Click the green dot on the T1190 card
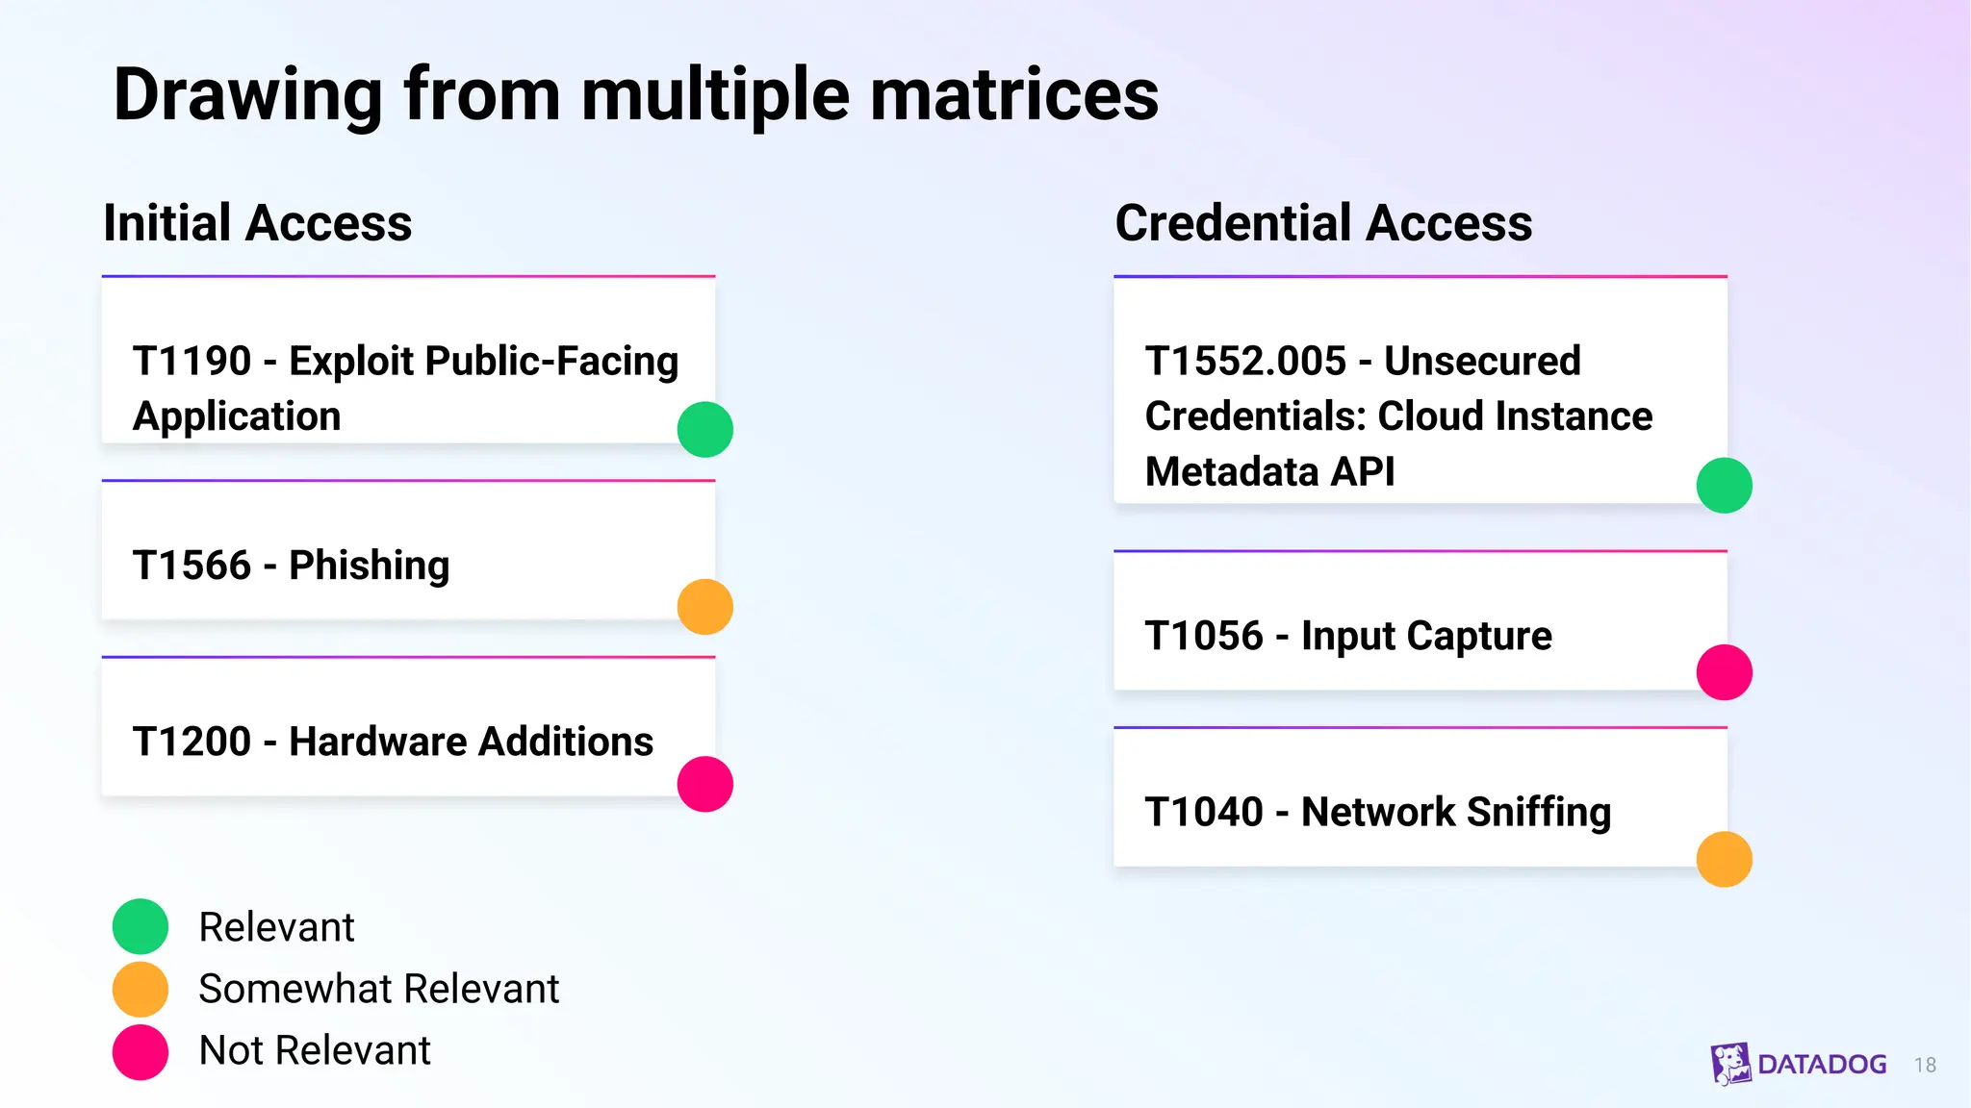coord(705,429)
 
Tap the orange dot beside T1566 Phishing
coord(705,607)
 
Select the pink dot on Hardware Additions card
coord(705,784)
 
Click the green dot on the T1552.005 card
coord(1724,485)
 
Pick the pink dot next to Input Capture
coord(1724,672)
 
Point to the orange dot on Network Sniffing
coord(1724,859)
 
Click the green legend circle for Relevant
coord(141,926)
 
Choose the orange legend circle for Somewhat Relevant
coord(141,989)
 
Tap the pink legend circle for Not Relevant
coord(141,1051)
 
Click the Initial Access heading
coord(258,223)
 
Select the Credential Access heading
coord(1323,223)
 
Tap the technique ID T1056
coord(1204,636)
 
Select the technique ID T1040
coord(1204,812)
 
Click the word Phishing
coord(370,566)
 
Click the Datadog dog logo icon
coord(1730,1064)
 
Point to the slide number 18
coord(1925,1065)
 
